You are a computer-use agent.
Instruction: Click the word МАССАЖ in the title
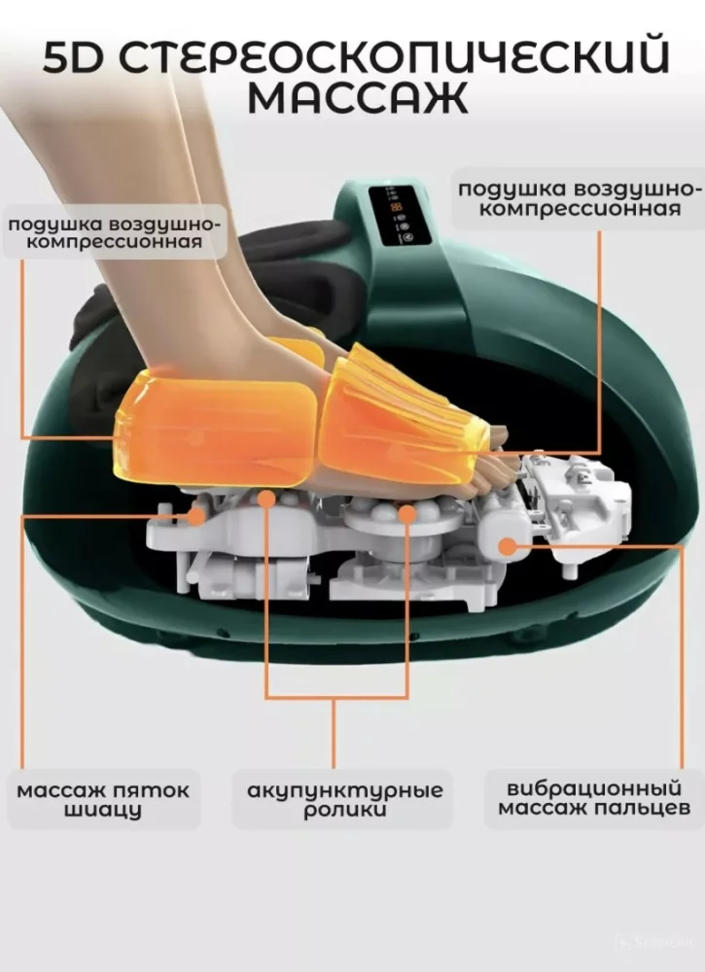(358, 97)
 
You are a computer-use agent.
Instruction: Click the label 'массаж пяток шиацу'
(103, 800)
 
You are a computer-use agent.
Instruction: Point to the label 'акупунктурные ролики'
(345, 800)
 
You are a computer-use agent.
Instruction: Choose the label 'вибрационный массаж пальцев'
(593, 798)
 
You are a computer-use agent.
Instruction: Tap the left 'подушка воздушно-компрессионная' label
(114, 232)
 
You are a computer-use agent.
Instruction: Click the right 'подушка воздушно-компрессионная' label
(581, 198)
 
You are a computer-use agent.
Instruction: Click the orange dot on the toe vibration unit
(508, 546)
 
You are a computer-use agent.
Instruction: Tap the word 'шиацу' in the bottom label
(103, 811)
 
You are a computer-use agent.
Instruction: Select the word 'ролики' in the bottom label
(345, 811)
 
